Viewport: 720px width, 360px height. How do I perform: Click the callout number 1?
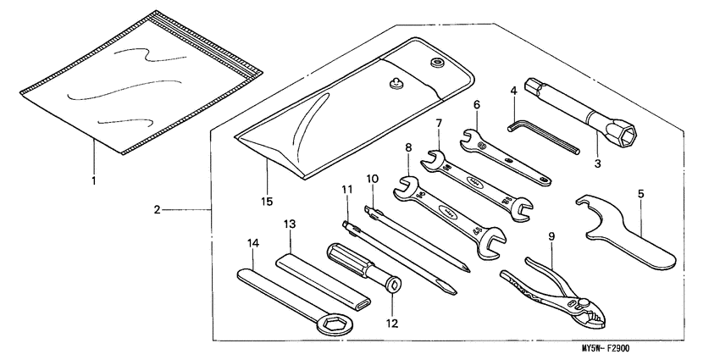94,180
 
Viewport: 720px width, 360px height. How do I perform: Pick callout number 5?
640,193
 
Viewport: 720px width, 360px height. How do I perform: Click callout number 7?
439,123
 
